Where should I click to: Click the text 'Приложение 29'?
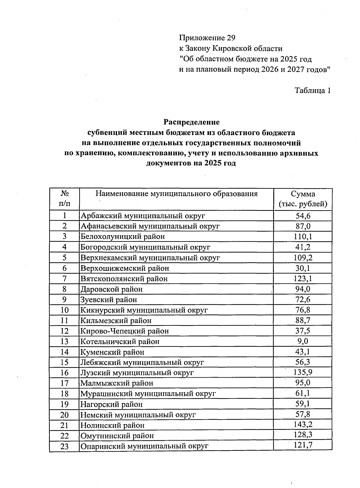pyautogui.click(x=207, y=38)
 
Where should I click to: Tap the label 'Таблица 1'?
pyautogui.click(x=313, y=90)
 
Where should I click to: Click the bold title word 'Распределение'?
pyautogui.click(x=191, y=122)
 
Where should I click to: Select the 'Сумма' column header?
pyautogui.click(x=303, y=194)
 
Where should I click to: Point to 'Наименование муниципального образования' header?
pyautogui.click(x=176, y=193)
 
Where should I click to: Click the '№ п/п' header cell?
pyautogui.click(x=64, y=199)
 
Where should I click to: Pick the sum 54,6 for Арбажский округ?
pyautogui.click(x=303, y=216)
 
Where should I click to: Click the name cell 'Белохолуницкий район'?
pyautogui.click(x=123, y=237)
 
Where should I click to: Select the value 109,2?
pyautogui.click(x=303, y=258)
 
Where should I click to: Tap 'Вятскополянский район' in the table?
pyautogui.click(x=124, y=279)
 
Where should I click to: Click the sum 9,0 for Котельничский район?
pyautogui.click(x=303, y=341)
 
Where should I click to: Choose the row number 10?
pyautogui.click(x=64, y=310)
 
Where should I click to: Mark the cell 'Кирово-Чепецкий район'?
pyautogui.click(x=124, y=331)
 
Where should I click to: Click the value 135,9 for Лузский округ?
pyautogui.click(x=303, y=373)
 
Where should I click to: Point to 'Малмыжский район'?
pyautogui.click(x=117, y=383)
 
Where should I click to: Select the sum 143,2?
pyautogui.click(x=303, y=425)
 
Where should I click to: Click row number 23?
pyautogui.click(x=64, y=446)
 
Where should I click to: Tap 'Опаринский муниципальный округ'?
pyautogui.click(x=144, y=446)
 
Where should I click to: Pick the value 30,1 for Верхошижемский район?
pyautogui.click(x=303, y=268)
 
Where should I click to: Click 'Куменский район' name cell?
pyautogui.click(x=112, y=352)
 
